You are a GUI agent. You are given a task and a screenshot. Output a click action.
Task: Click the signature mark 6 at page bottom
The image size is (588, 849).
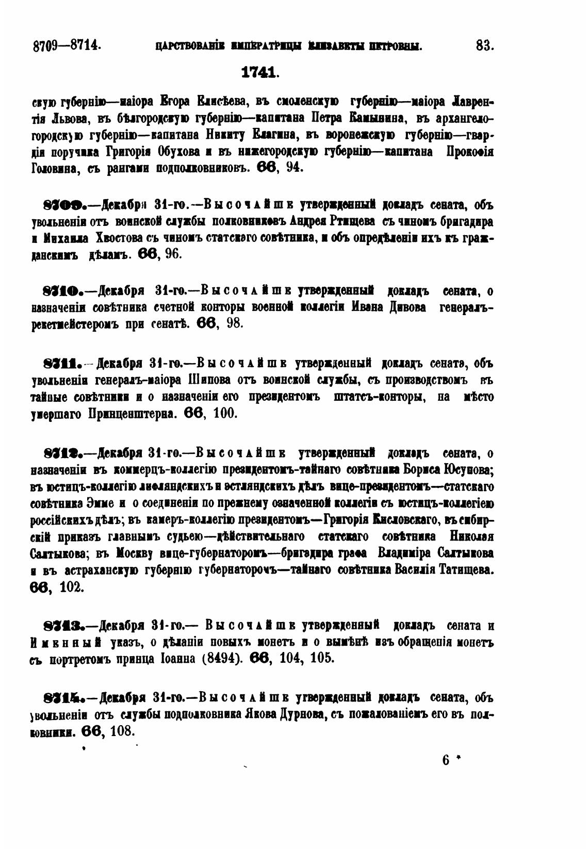[x=446, y=760]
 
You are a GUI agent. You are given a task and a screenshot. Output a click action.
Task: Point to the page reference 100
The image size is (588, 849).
[x=224, y=413]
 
